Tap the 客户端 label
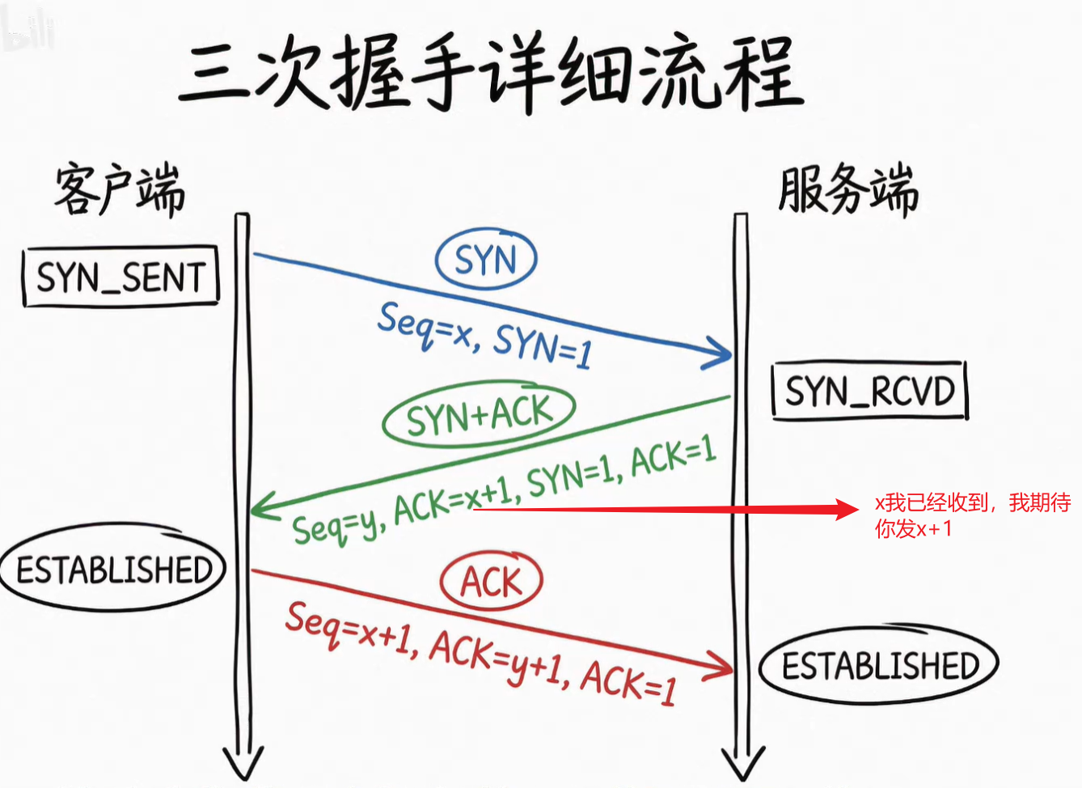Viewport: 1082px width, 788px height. coord(120,190)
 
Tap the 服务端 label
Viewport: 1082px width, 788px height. coord(847,190)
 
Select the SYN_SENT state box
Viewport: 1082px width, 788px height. coord(120,277)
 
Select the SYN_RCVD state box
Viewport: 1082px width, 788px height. coord(870,392)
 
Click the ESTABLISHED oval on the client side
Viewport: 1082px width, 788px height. coord(113,569)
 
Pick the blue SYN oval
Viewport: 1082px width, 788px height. coord(485,261)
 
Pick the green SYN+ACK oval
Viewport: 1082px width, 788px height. coord(479,415)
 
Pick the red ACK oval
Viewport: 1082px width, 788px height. coord(491,582)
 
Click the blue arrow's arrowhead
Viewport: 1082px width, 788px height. coord(725,354)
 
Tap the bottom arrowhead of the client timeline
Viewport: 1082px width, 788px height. coord(243,767)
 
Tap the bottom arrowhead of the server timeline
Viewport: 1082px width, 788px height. coord(742,767)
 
